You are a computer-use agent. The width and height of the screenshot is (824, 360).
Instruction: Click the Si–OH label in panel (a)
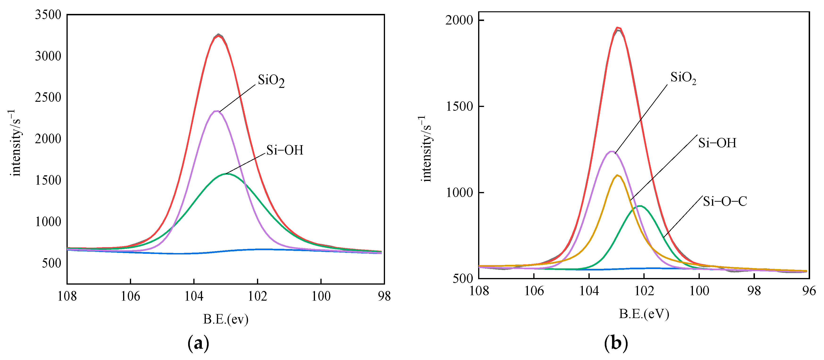click(285, 150)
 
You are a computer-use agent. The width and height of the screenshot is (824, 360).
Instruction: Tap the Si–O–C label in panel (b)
click(725, 201)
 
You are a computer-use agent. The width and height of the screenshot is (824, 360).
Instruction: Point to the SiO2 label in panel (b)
click(683, 78)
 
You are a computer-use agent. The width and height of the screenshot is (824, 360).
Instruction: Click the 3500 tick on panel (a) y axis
click(48, 15)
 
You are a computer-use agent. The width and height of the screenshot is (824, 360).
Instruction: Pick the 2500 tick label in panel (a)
click(48, 98)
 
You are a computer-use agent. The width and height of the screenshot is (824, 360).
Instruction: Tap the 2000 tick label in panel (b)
click(459, 20)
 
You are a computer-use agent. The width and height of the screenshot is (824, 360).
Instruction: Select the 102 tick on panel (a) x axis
click(257, 296)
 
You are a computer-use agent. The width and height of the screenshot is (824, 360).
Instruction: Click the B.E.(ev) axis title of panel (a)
click(226, 319)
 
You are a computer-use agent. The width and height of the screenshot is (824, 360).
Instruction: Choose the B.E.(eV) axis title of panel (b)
click(644, 314)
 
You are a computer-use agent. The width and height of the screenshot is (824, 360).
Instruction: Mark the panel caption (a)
click(198, 343)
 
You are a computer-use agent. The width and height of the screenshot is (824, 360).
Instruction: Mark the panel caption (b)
click(616, 343)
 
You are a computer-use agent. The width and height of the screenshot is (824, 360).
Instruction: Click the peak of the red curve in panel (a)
click(218, 36)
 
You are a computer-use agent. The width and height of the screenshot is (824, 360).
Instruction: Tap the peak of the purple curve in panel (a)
click(217, 111)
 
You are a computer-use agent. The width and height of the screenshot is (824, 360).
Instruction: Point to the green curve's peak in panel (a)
click(227, 174)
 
